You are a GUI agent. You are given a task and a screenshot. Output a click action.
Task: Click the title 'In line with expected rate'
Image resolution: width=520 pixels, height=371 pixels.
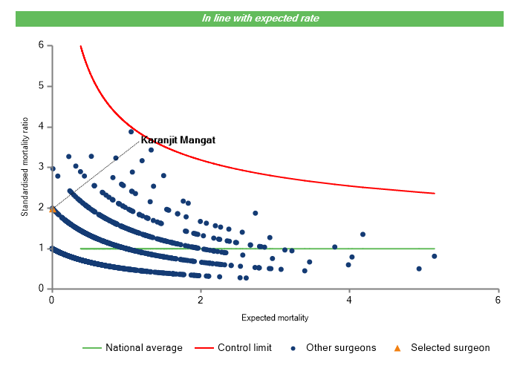pos(260,18)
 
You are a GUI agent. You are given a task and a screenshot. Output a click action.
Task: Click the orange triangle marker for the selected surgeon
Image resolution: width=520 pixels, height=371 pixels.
pos(52,209)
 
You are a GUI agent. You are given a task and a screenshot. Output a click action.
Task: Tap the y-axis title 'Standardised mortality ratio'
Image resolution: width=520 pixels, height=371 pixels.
pos(25,166)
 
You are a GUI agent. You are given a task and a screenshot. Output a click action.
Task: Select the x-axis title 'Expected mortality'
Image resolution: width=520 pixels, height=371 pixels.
pos(274,318)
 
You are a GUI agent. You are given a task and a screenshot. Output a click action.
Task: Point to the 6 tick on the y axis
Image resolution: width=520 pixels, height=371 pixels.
pos(41,45)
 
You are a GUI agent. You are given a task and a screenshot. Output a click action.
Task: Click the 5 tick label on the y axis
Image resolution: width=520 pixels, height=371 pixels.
pos(41,86)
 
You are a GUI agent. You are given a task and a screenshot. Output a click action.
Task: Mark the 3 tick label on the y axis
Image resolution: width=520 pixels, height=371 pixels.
pos(41,167)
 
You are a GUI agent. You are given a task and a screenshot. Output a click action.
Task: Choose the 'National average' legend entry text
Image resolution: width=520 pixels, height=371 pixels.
pos(143,347)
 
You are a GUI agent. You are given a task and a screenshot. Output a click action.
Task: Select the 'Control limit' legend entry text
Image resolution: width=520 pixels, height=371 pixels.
pos(244,347)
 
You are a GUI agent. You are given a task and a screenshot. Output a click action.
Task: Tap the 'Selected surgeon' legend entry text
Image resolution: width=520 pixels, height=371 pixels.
pos(450,347)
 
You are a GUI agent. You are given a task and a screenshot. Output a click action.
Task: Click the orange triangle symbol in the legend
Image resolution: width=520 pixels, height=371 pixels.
pos(397,347)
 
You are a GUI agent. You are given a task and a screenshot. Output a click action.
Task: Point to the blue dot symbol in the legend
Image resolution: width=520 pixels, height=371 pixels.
pos(294,347)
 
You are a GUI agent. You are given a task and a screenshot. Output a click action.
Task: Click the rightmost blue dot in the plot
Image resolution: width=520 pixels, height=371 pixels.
pos(434,256)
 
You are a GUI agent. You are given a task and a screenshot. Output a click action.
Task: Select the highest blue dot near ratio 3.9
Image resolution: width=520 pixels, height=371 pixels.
pos(131,131)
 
